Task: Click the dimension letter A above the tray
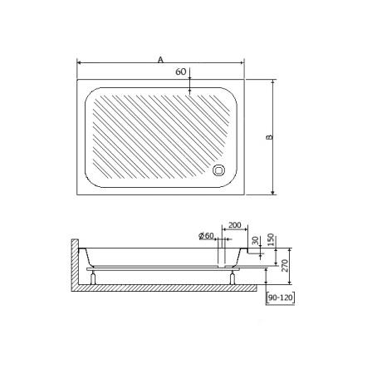point(160,59)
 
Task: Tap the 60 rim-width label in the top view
point(181,71)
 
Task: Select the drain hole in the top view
point(218,170)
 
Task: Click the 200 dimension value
point(235,225)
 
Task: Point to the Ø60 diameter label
point(207,236)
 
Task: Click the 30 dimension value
point(256,240)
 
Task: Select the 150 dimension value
point(271,239)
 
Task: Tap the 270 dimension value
point(285,266)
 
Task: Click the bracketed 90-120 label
point(281,298)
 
